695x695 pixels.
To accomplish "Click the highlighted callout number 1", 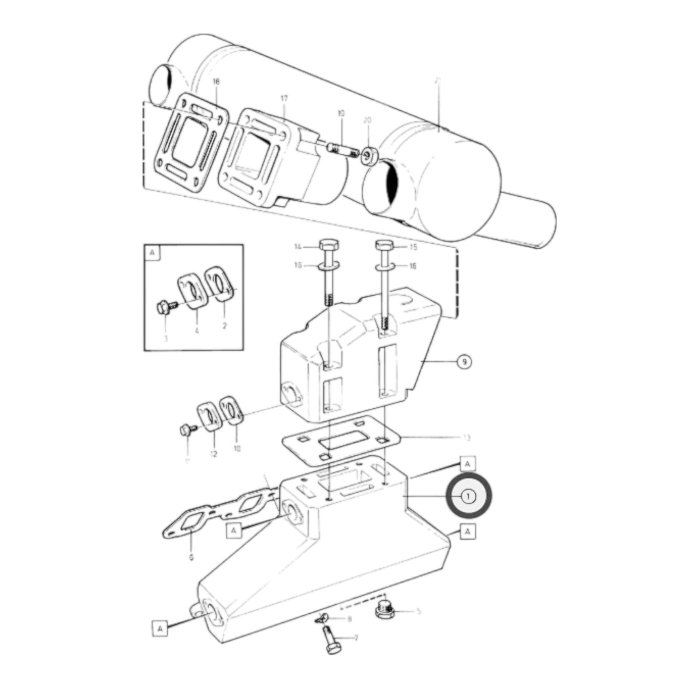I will (x=468, y=496).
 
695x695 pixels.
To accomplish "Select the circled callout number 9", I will (x=463, y=362).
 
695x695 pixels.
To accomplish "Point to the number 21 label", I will (x=437, y=82).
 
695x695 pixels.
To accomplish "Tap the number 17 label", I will (x=284, y=99).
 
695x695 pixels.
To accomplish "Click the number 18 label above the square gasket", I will (x=216, y=82).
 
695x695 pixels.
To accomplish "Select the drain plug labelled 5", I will (x=384, y=611).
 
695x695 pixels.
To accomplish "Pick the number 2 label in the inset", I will (x=224, y=326).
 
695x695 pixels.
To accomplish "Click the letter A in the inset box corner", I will (x=152, y=253).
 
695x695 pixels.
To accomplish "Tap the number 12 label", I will (x=214, y=454).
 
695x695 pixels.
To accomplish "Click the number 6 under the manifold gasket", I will (x=191, y=557).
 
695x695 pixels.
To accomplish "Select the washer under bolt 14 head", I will (x=327, y=265).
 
